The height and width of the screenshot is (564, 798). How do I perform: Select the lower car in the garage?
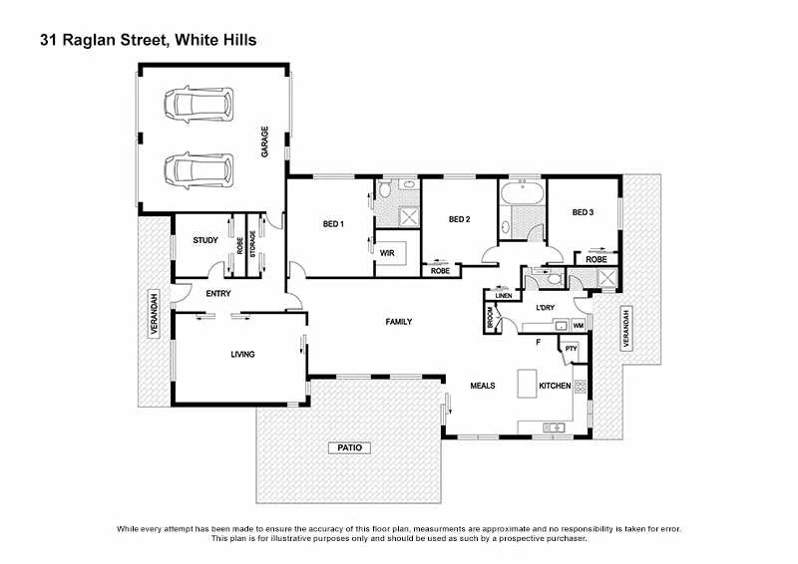[x=199, y=168]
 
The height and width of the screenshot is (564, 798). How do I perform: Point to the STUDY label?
[x=205, y=240]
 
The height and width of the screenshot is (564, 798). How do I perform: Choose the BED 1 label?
[x=333, y=223]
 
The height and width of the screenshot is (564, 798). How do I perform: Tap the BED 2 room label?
[x=459, y=219]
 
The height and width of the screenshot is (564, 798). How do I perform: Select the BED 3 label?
[x=583, y=212]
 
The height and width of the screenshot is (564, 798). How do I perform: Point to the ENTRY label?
[x=218, y=294]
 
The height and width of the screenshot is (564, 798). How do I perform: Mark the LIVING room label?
[x=242, y=354]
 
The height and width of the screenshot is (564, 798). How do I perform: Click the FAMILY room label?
[x=399, y=321]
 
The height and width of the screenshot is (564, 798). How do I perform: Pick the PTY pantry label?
[x=571, y=348]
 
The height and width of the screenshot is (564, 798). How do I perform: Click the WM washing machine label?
[x=578, y=326]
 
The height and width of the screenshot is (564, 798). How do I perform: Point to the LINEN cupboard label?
[x=504, y=296]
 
